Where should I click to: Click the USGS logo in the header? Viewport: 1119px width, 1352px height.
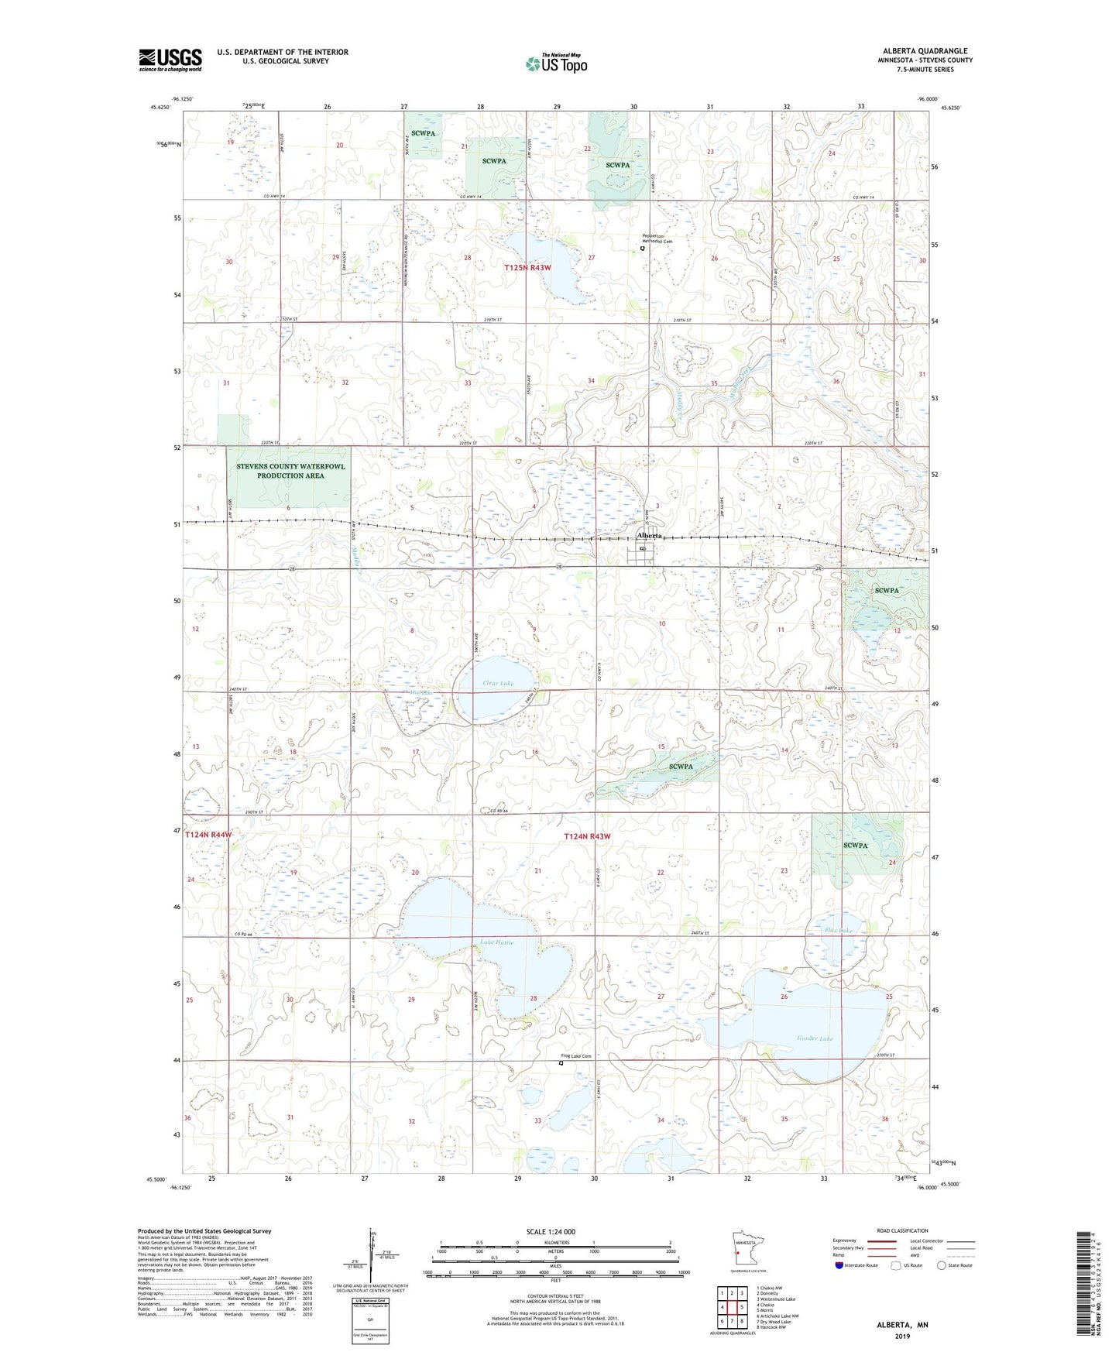click(170, 60)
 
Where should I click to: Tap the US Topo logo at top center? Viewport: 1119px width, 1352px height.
click(556, 63)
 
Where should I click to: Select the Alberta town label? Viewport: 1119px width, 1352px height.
click(649, 536)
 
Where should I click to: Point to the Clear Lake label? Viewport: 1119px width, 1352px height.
click(498, 684)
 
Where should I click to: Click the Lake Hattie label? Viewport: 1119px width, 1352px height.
click(496, 942)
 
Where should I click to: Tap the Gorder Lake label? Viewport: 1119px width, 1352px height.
click(815, 1038)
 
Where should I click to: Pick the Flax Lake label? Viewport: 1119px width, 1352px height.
click(839, 930)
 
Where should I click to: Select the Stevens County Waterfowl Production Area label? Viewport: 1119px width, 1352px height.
click(290, 471)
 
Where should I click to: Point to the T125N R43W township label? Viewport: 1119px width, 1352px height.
click(527, 268)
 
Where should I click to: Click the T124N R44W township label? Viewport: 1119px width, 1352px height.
click(208, 835)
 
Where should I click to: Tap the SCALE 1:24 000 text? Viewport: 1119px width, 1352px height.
click(551, 1232)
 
